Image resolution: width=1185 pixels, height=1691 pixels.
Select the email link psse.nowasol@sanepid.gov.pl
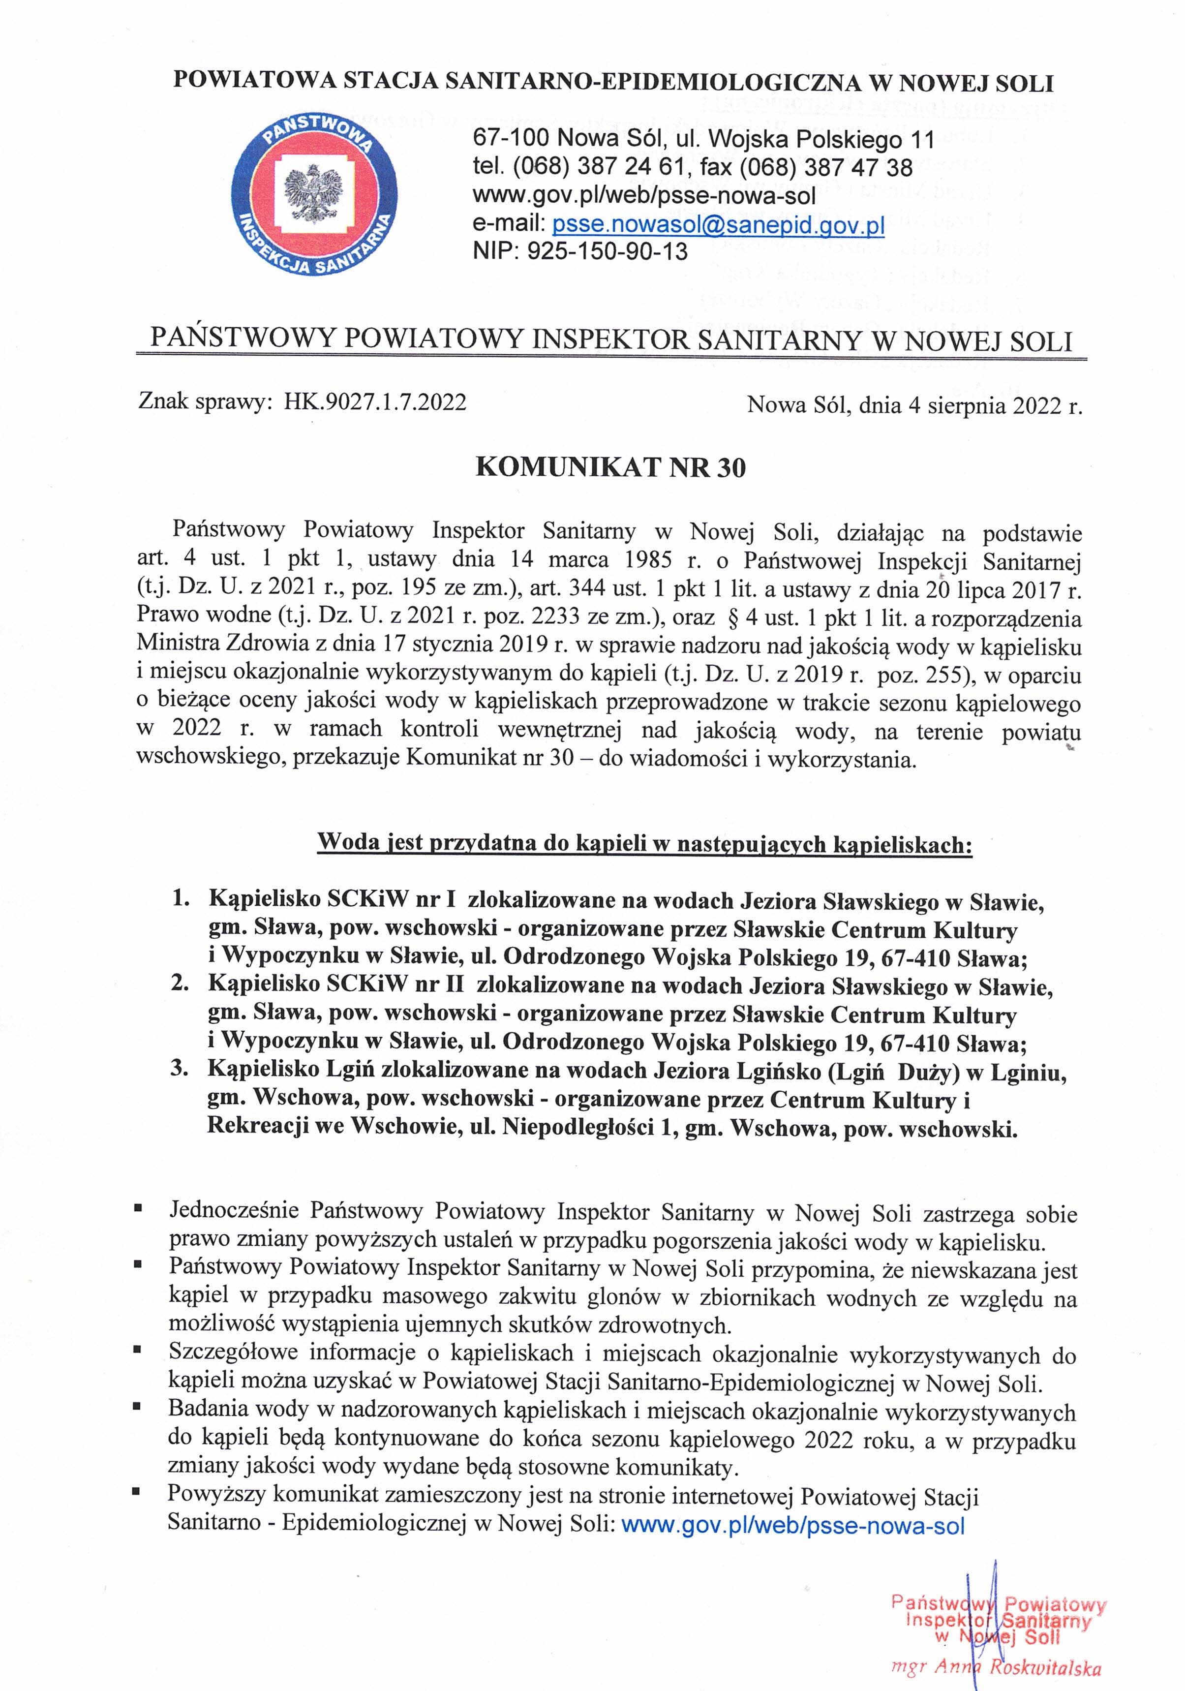[x=718, y=225]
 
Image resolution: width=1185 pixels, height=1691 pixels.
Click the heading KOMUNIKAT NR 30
[x=610, y=468]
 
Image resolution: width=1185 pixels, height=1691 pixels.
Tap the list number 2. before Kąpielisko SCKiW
[x=181, y=984]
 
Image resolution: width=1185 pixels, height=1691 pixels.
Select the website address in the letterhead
[x=644, y=197]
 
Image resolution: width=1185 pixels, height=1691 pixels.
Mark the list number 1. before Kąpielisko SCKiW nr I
[x=181, y=899]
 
